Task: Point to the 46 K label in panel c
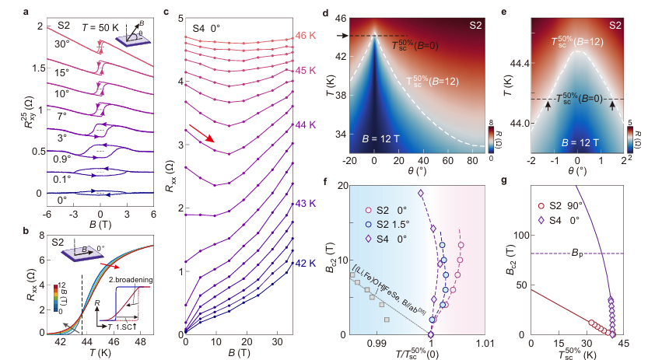[303, 37]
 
